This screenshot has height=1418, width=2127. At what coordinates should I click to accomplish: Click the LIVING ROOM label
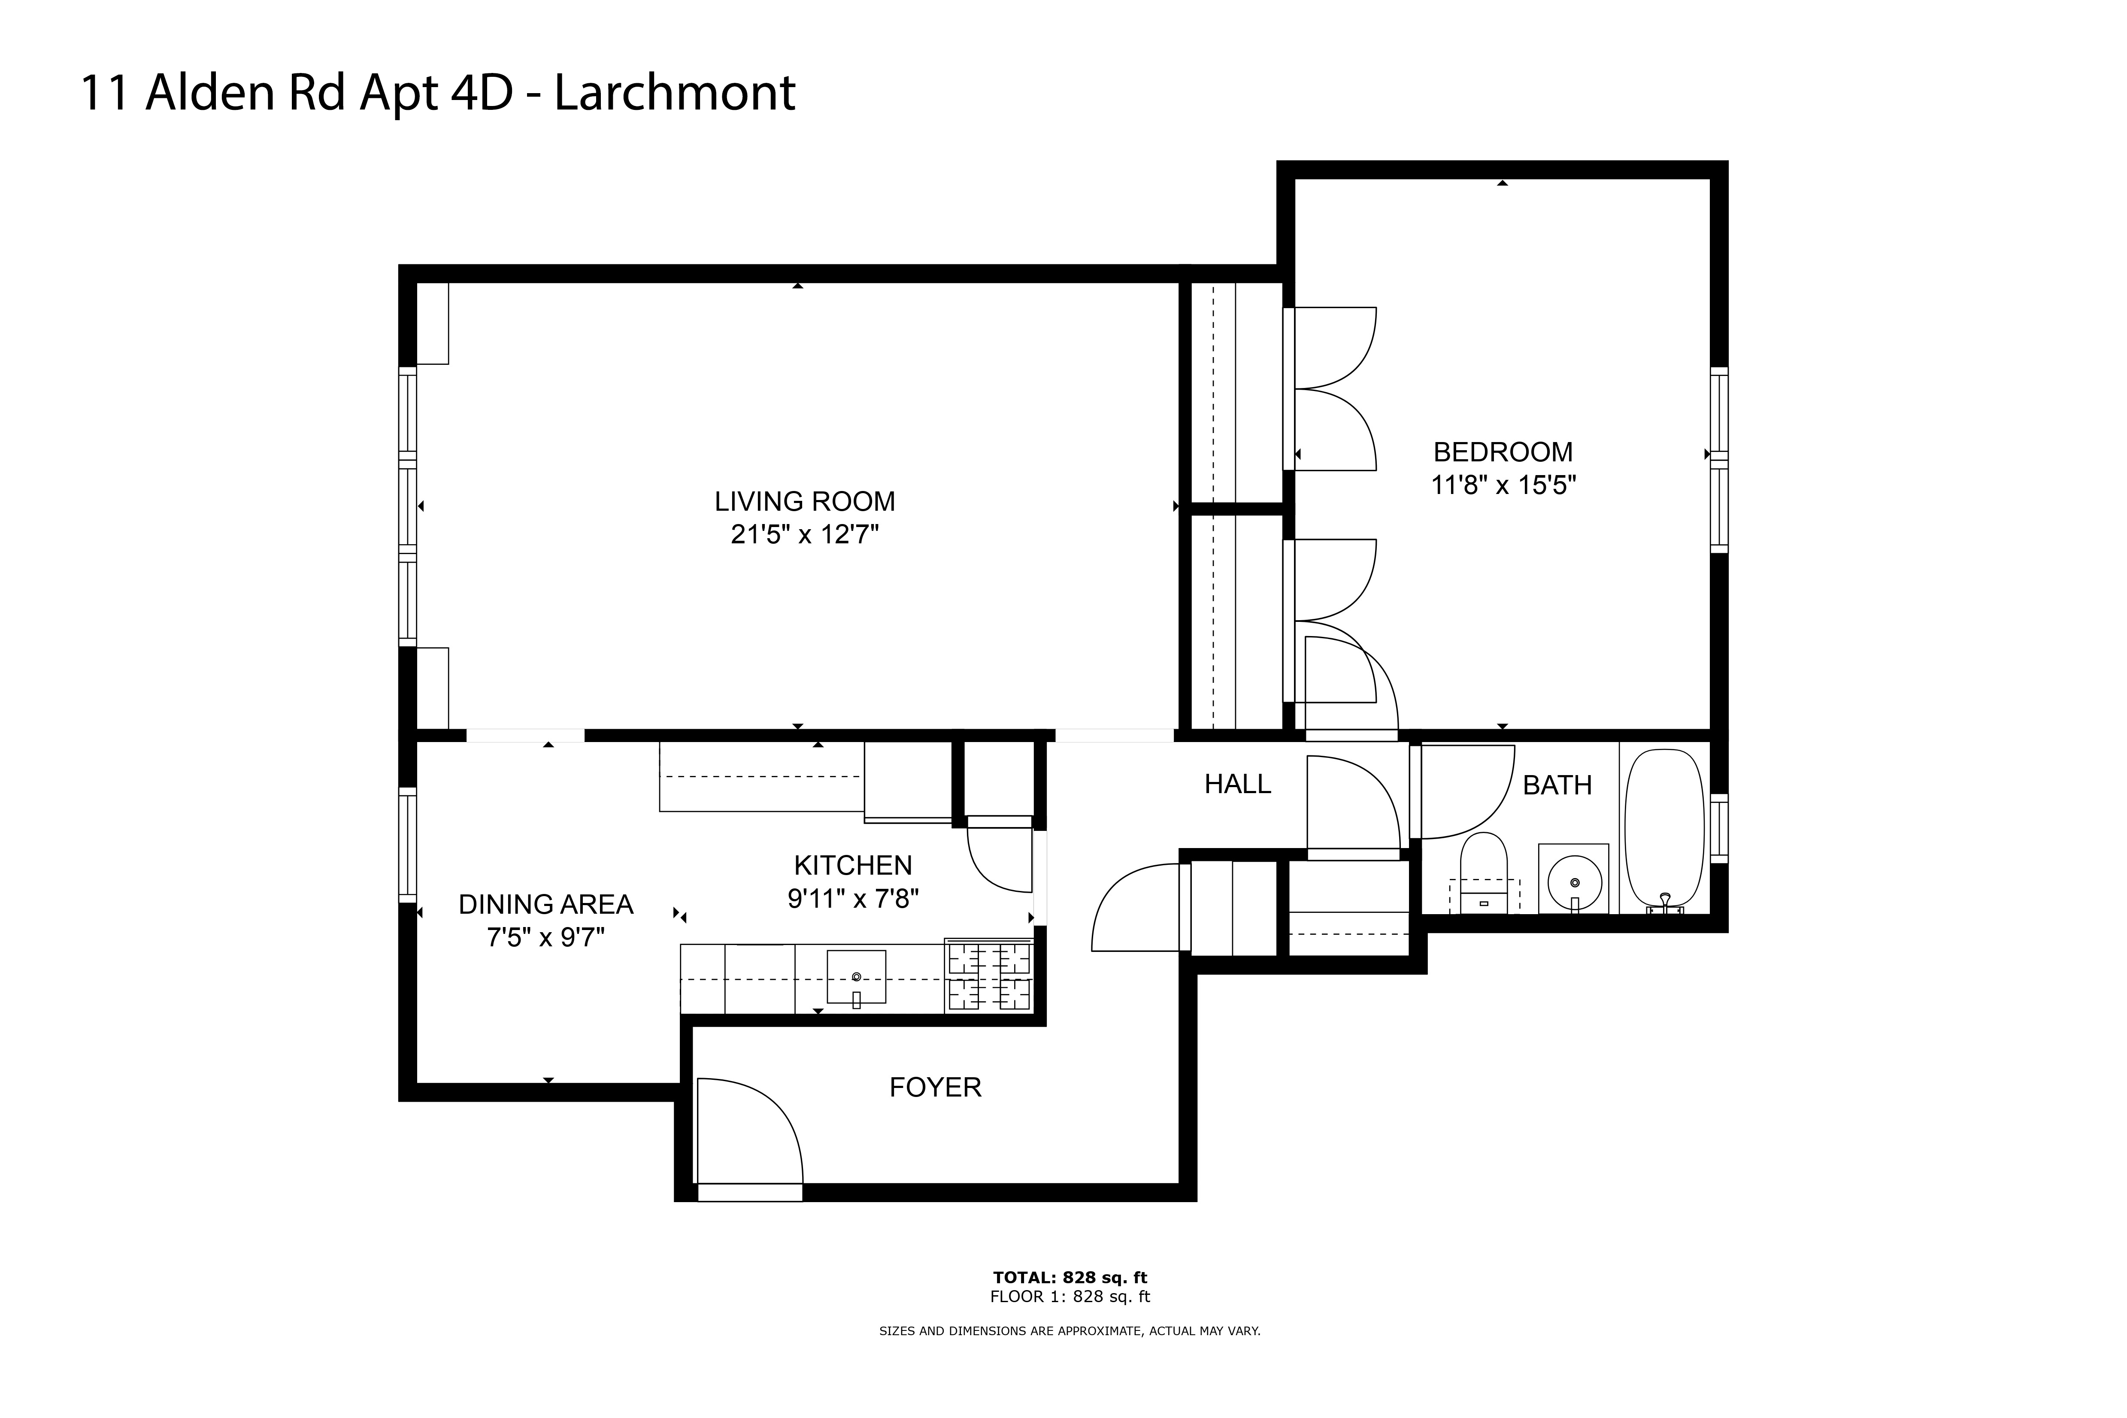pos(805,501)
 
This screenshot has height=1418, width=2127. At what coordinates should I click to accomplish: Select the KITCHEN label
pos(853,866)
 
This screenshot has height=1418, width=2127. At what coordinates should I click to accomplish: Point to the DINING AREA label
pos(546,904)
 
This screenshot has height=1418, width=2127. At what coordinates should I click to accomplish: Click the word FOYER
pos(935,1087)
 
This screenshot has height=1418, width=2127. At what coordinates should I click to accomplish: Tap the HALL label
pos(1237,784)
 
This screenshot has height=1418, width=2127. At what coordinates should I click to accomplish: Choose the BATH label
pos(1557,785)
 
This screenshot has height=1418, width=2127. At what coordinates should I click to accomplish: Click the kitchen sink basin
pos(855,977)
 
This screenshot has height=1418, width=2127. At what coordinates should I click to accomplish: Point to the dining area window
pos(408,845)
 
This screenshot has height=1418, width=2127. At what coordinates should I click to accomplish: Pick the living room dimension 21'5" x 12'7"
pos(805,534)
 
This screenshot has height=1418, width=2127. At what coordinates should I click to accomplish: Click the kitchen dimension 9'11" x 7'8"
pos(853,899)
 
